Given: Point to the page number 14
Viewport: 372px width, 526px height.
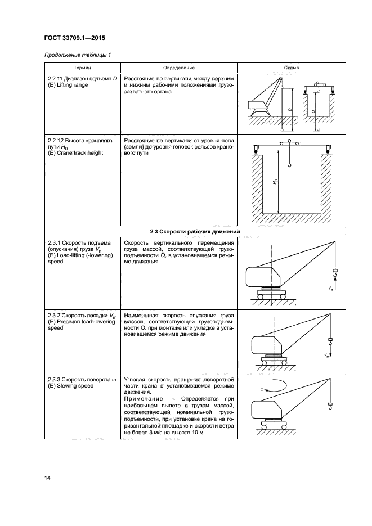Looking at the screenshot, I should coord(47,478).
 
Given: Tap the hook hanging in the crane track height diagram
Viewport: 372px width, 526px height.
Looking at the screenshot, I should coord(290,164).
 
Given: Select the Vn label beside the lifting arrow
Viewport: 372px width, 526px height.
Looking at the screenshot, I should coord(331,288).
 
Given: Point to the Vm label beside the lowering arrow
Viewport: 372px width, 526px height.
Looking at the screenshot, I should coord(326,356).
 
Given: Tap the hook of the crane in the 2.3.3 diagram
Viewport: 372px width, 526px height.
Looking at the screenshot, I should coord(330,408).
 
